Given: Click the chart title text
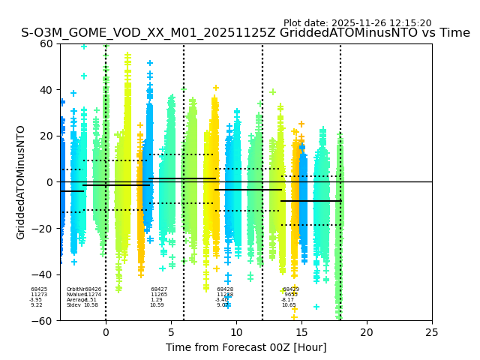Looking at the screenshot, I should pos(245,33).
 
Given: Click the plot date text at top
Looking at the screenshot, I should pos(357,23).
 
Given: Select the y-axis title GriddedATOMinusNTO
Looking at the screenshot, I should pos(21,182).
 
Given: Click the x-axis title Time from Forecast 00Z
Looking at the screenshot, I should pos(246,347).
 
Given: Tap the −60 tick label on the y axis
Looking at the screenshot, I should pos(45,320).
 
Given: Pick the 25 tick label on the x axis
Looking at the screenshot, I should pos(432,332).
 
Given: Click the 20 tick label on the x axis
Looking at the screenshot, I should pos(367,332).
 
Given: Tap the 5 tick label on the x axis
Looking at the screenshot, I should pos(171,332).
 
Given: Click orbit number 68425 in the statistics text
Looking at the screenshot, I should pos(39,289).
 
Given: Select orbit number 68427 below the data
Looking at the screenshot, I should pos(159,289).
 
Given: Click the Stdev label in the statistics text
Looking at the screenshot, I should pos(73,305).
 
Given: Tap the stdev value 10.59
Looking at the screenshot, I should pos(157,305).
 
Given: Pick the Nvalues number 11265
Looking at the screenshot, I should pos(159,295).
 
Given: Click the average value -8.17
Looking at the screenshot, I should pos(288,300).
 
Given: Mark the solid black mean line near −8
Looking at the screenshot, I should pos(310,201).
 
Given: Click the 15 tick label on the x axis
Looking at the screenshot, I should pos(301,332).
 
